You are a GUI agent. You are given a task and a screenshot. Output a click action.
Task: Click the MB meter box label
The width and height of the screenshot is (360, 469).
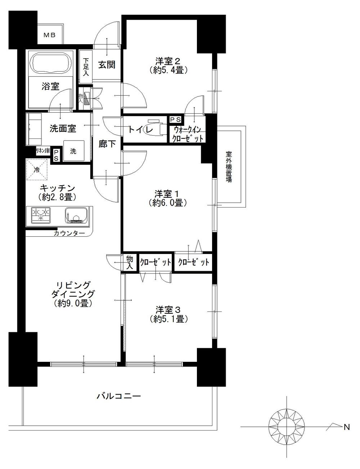point(50,35)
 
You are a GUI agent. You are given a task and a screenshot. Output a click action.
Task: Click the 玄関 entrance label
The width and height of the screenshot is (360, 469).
point(107,65)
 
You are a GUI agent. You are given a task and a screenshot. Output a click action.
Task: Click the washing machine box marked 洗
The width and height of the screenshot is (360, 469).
point(73,151)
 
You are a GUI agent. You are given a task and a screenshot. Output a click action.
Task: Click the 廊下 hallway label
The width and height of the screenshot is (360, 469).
point(107,144)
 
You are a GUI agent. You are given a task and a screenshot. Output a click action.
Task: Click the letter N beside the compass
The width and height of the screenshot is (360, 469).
point(347,427)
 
